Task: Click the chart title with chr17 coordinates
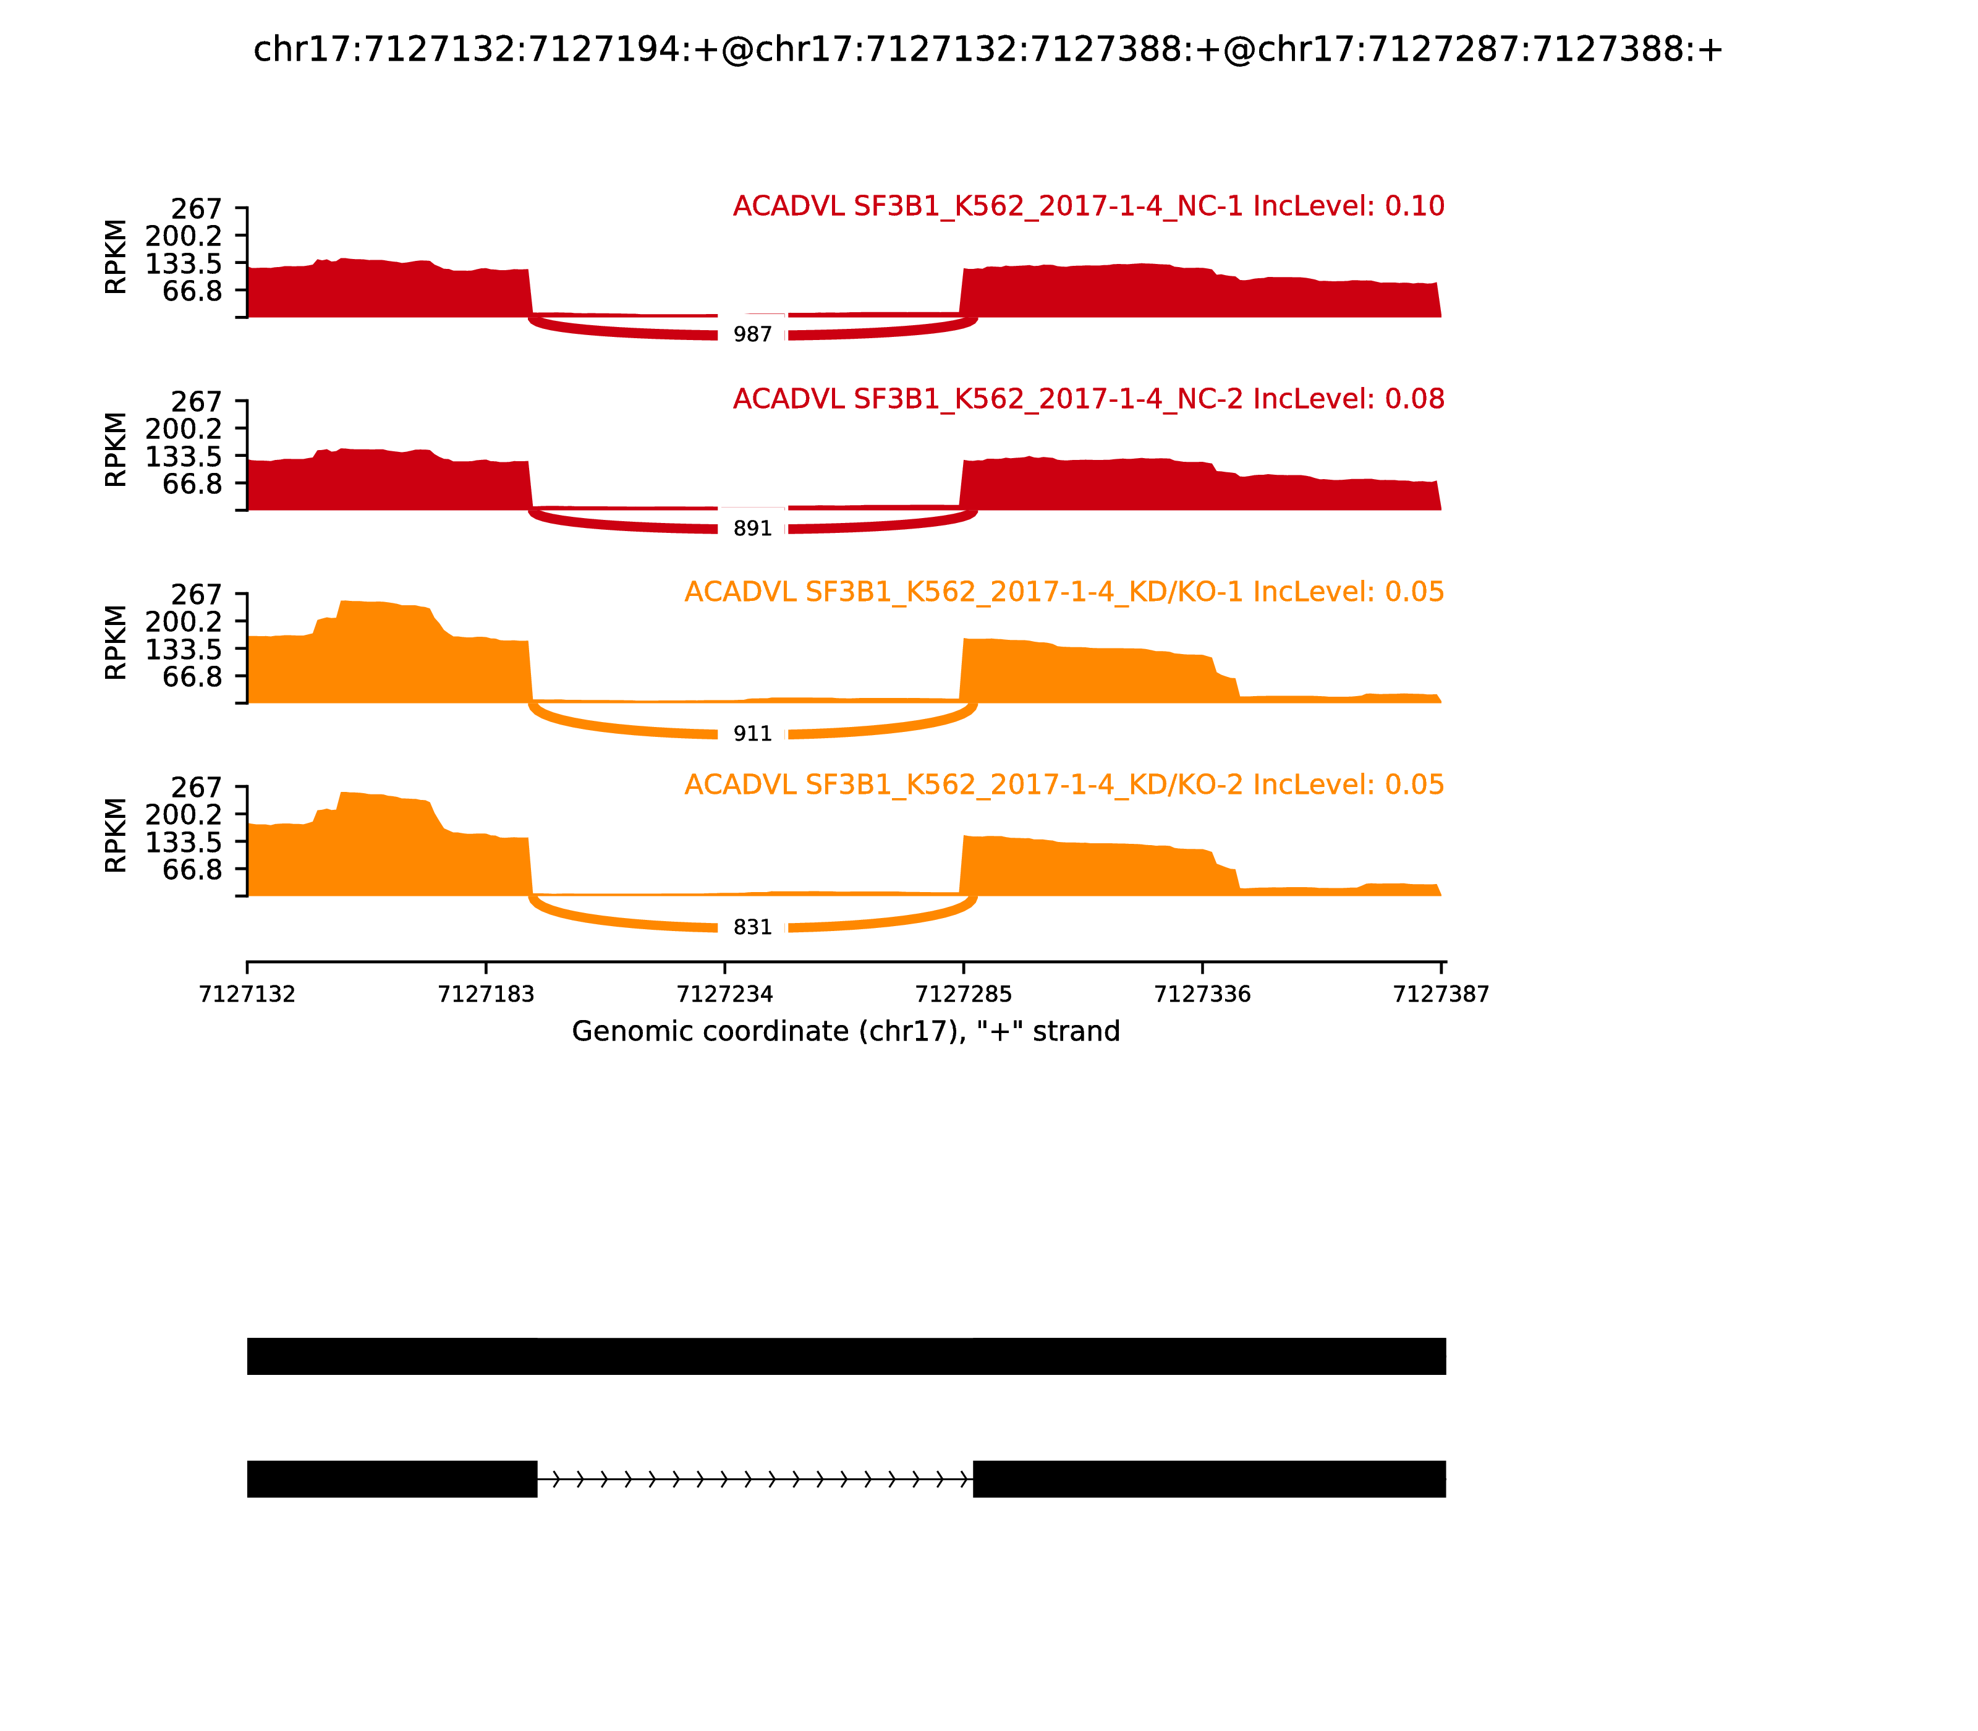click(x=988, y=49)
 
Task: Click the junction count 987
click(x=752, y=334)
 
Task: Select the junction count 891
click(x=752, y=529)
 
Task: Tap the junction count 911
click(x=752, y=734)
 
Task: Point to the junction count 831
click(x=752, y=927)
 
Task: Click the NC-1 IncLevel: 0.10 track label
click(x=1089, y=206)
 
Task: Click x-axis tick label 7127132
click(x=247, y=994)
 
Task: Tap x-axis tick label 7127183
click(x=486, y=994)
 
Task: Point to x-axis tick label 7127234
click(x=724, y=994)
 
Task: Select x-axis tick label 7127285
click(x=963, y=994)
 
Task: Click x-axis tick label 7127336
click(x=1202, y=994)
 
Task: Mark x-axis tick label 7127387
click(x=1441, y=994)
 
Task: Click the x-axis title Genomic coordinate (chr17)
click(x=846, y=1032)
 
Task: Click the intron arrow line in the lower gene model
click(x=754, y=1479)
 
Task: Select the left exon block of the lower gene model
click(x=391, y=1479)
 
